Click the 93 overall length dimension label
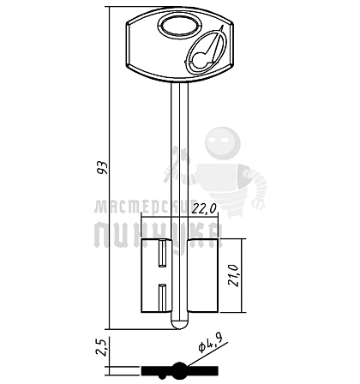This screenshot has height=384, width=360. point(103,168)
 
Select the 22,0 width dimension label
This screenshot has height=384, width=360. point(204,209)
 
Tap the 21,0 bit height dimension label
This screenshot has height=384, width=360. point(233,275)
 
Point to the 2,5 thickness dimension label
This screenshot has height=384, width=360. point(102,347)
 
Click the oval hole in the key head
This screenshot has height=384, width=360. point(178,27)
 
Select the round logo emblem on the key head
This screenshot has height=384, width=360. point(206,51)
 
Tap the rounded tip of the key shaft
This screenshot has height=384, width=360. point(180,324)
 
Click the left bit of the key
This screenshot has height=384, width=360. point(156,275)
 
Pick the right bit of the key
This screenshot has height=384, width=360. point(203,275)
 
